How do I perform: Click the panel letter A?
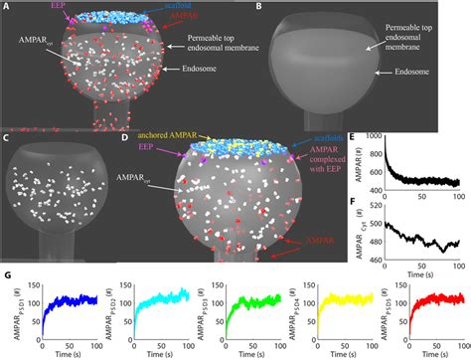pos(6,7)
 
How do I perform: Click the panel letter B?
pos(259,7)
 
